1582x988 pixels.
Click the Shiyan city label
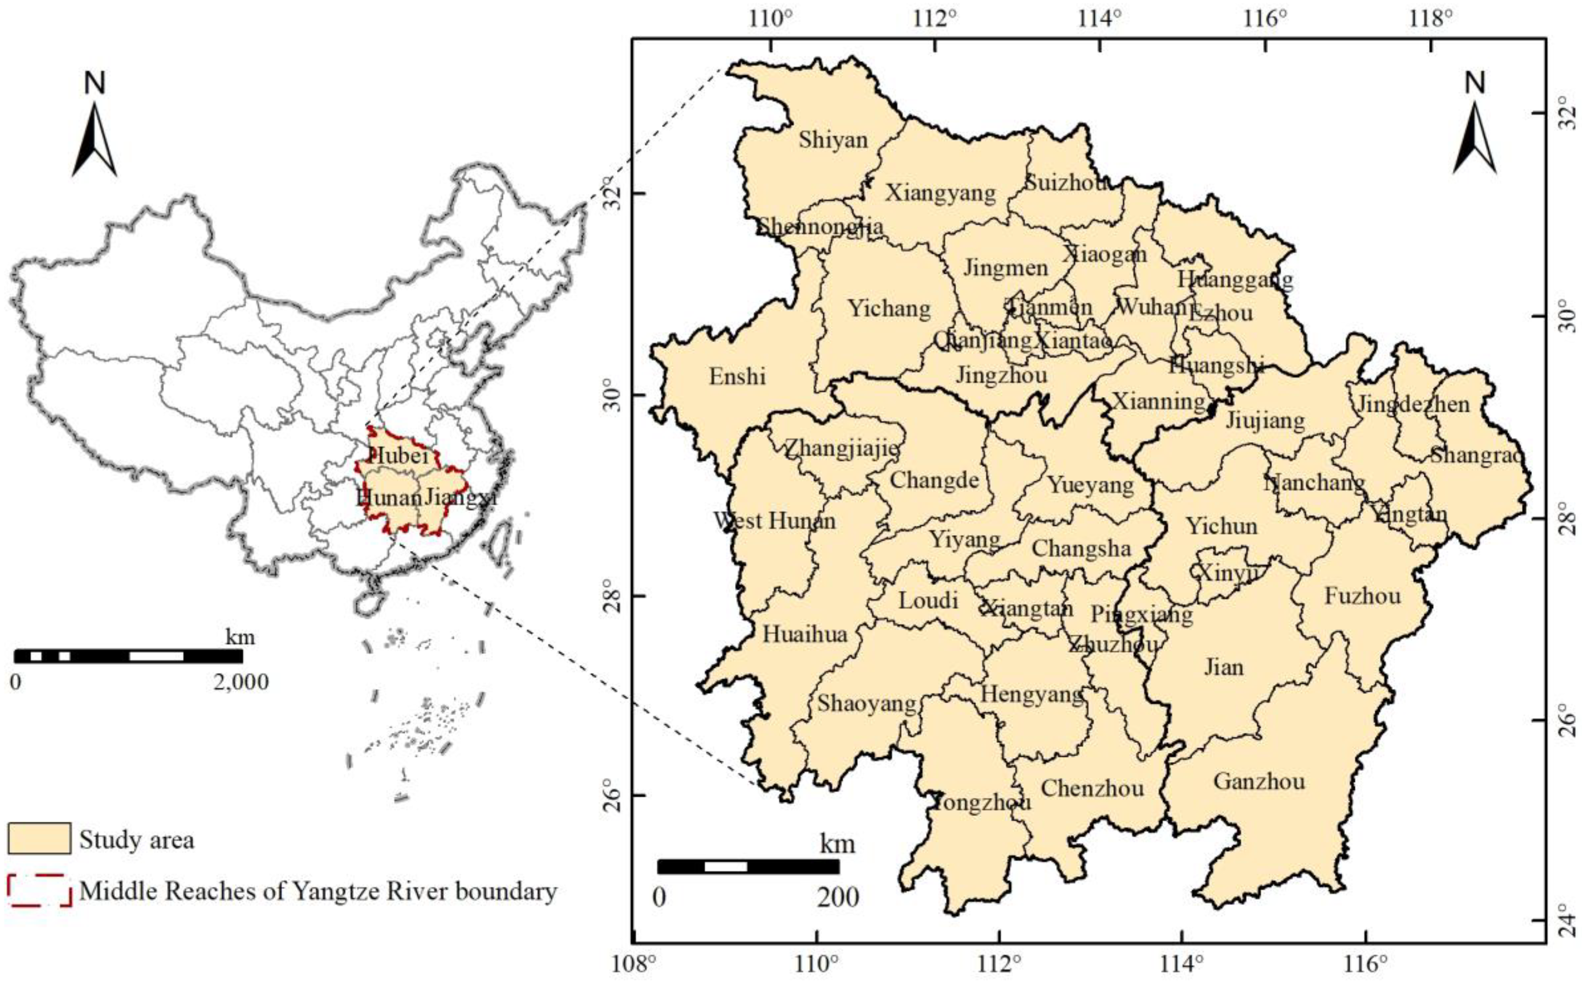point(833,140)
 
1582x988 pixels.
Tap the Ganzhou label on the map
point(1259,781)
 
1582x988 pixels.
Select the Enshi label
point(737,376)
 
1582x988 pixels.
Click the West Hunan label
point(774,521)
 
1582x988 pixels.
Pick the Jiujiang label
point(1265,420)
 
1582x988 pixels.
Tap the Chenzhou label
point(1092,788)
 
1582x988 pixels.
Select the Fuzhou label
point(1363,596)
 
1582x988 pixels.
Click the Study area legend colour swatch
point(39,839)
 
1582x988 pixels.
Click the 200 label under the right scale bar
point(838,897)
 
